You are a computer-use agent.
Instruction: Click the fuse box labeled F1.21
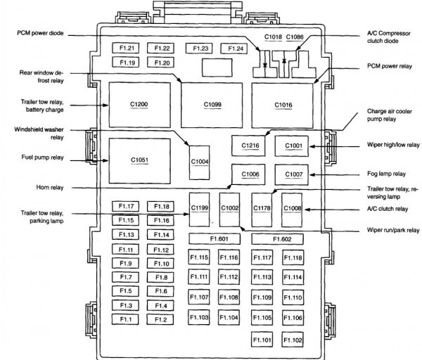coord(126,49)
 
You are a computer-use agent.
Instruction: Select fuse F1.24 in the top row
coord(231,49)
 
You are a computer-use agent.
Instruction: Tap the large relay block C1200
coord(139,104)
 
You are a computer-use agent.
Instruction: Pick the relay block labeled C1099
coord(212,104)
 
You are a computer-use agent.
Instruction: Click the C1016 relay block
coord(283,104)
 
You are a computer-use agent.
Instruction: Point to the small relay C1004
coord(200,161)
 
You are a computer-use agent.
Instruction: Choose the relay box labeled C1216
coord(250,146)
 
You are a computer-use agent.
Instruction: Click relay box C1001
coord(293,146)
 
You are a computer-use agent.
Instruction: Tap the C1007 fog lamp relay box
coord(293,174)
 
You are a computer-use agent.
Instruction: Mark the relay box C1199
coord(200,208)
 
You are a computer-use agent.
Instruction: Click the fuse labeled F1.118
coord(293,258)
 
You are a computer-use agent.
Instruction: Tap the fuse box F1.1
coord(126,320)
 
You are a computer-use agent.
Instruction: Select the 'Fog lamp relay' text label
coord(386,174)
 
